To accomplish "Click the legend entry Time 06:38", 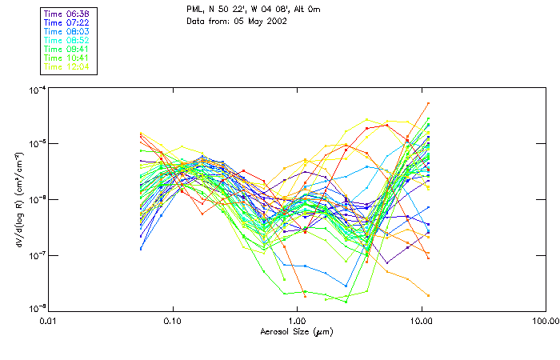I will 66,14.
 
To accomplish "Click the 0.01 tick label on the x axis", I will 49,321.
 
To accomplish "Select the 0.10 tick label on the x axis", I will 173,321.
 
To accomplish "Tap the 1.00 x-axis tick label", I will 297,321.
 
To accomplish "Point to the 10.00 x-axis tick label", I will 421,321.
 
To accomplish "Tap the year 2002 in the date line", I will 276,21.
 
